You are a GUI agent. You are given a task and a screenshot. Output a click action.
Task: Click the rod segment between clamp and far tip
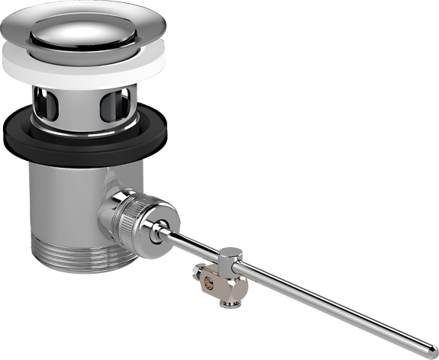point(328,305)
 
